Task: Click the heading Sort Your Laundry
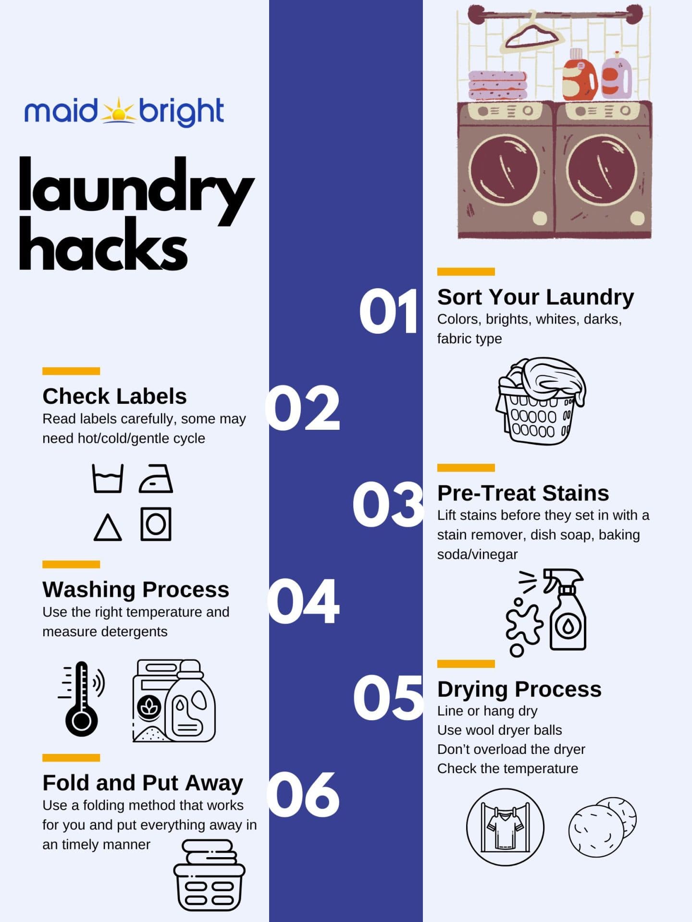pyautogui.click(x=535, y=297)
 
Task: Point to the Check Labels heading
pyautogui.click(x=114, y=397)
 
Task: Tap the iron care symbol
pyautogui.click(x=156, y=478)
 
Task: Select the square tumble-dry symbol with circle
pyautogui.click(x=156, y=524)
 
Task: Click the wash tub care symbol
pyautogui.click(x=108, y=478)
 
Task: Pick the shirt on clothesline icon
pyautogui.click(x=505, y=827)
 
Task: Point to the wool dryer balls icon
pyautogui.click(x=602, y=827)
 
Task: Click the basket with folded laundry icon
pyautogui.click(x=209, y=875)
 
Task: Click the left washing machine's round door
pyautogui.click(x=504, y=170)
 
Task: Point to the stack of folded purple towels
pyautogui.click(x=497, y=85)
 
